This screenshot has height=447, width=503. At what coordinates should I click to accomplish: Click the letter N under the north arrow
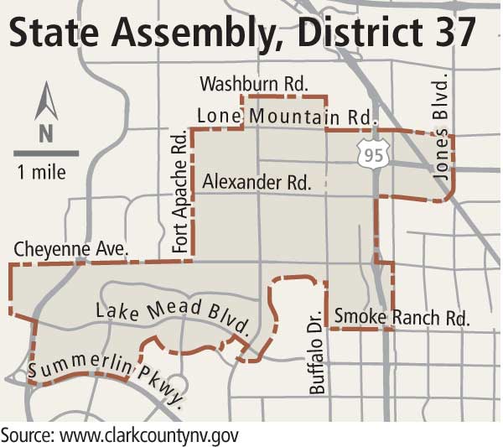[45, 133]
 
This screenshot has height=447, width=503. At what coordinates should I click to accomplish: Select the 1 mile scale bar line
[46, 153]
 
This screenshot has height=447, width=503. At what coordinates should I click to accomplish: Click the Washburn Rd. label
[255, 84]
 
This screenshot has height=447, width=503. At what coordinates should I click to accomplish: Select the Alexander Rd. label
[257, 180]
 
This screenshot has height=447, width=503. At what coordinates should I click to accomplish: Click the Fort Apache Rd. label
[179, 193]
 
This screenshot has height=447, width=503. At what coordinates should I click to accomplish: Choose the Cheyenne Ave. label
[70, 249]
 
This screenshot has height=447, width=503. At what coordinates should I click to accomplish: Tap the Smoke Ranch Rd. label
[401, 317]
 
